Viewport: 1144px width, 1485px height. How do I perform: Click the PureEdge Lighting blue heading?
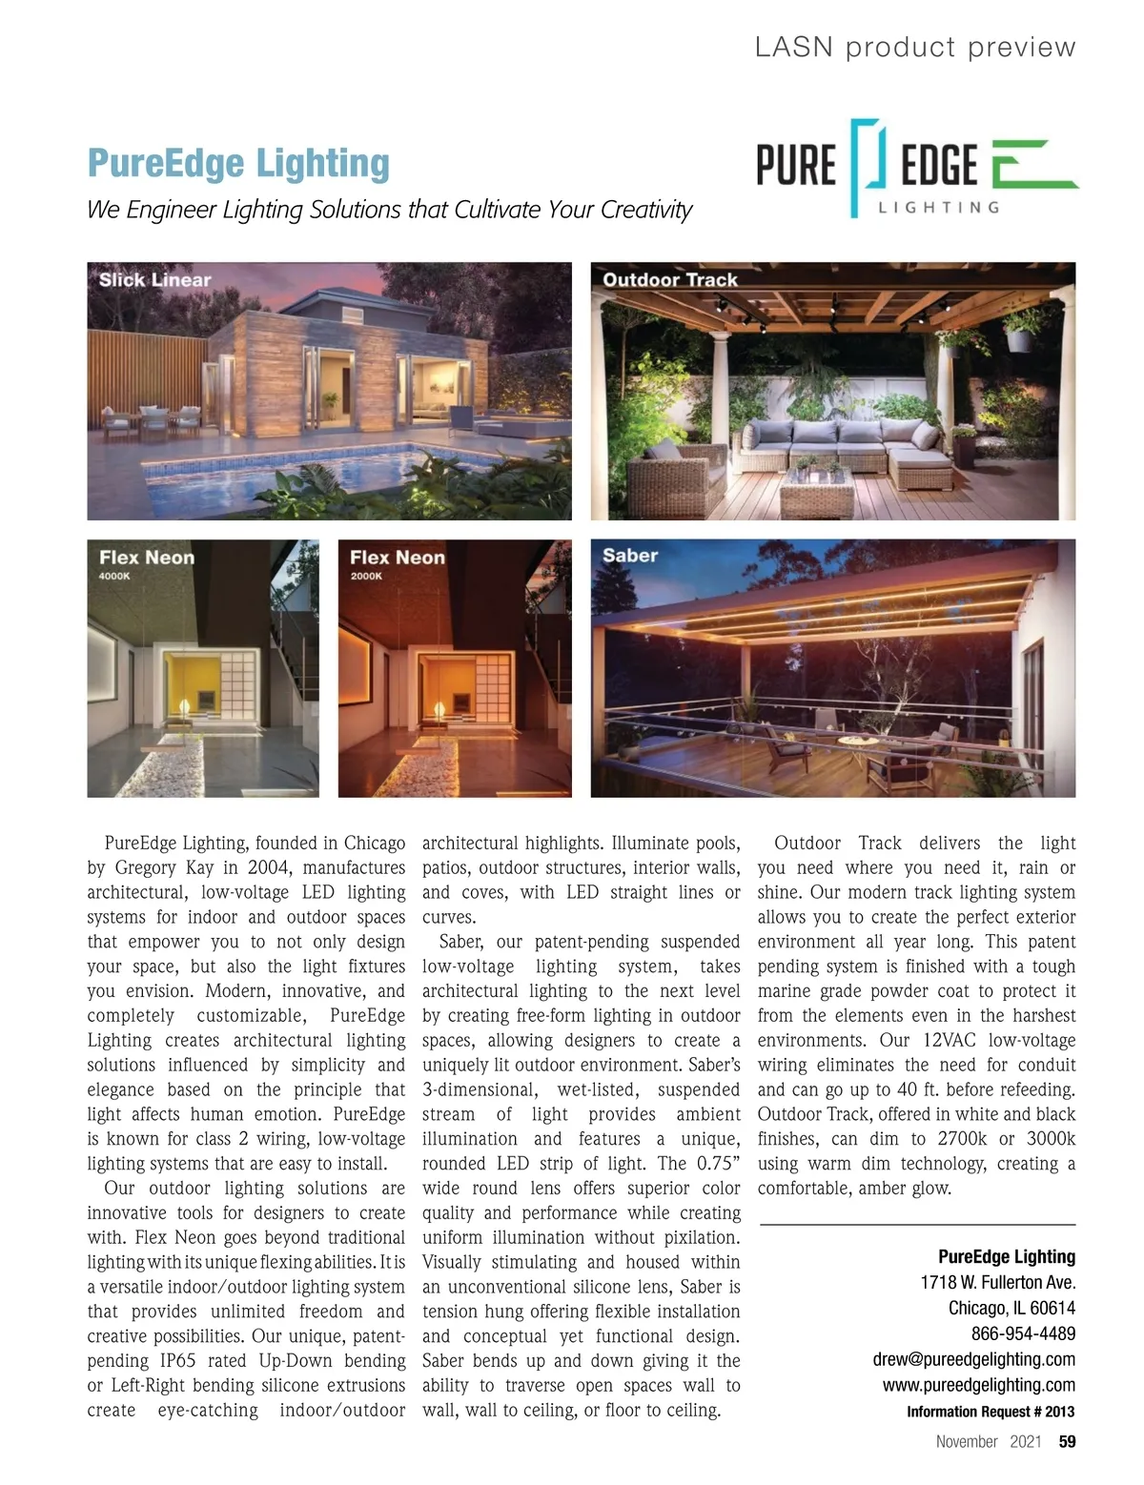pyautogui.click(x=238, y=163)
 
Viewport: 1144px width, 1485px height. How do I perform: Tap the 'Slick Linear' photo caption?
pyautogui.click(x=154, y=280)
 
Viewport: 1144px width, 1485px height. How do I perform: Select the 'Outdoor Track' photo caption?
pyautogui.click(x=670, y=280)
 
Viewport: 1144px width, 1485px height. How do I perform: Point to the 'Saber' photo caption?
pyautogui.click(x=630, y=556)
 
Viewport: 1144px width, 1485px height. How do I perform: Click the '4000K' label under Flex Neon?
pyautogui.click(x=114, y=576)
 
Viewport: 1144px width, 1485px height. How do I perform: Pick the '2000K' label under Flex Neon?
pyautogui.click(x=366, y=576)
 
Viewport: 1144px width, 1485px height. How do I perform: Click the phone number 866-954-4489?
pyautogui.click(x=1023, y=1333)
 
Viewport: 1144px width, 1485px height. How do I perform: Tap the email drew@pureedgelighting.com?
pyautogui.click(x=973, y=1359)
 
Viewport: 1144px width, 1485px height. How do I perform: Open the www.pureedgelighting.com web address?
pyautogui.click(x=978, y=1385)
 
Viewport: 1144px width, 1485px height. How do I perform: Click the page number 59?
pyautogui.click(x=1067, y=1441)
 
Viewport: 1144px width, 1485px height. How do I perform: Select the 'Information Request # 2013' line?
pyautogui.click(x=990, y=1412)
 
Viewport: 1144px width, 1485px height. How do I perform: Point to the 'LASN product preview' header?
pyautogui.click(x=914, y=47)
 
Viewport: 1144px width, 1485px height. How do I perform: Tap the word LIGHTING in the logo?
pyautogui.click(x=938, y=207)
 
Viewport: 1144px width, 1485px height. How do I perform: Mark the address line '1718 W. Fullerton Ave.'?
pyautogui.click(x=997, y=1282)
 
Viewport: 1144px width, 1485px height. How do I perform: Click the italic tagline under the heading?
pyautogui.click(x=389, y=210)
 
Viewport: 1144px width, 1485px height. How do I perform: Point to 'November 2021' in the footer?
pyautogui.click(x=988, y=1441)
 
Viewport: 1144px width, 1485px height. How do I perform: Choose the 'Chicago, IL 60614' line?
pyautogui.click(x=1011, y=1308)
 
